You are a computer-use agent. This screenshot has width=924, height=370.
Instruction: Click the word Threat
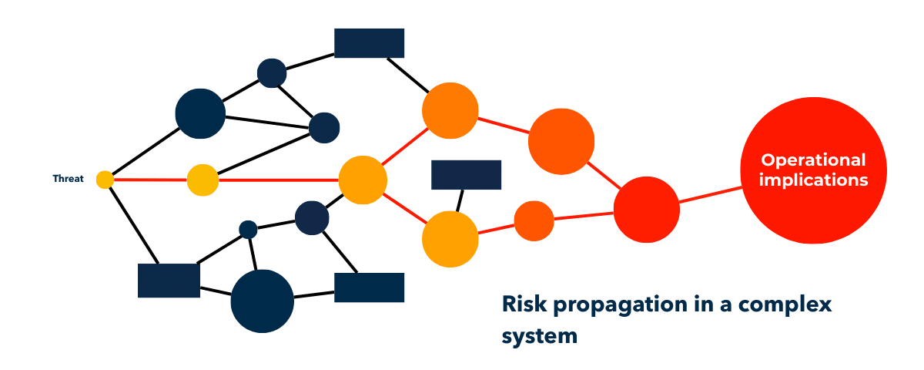coord(68,179)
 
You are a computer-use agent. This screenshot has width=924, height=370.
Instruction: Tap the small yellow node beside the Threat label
coord(105,180)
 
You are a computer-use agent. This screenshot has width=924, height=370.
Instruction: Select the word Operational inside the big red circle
coord(813,160)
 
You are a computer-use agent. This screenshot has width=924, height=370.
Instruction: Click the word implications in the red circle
coord(813,180)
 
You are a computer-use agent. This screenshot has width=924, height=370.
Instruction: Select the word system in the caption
coord(539,337)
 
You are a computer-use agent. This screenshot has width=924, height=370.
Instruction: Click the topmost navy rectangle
coord(369,43)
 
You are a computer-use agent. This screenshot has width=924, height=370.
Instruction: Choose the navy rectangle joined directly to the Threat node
coord(169,280)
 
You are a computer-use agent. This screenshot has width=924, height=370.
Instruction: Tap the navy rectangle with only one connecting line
coord(466,175)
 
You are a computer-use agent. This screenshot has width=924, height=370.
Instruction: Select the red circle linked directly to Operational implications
coord(647,210)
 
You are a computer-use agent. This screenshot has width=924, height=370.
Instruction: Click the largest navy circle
coord(262,301)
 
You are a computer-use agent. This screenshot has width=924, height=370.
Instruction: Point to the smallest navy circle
coord(248,229)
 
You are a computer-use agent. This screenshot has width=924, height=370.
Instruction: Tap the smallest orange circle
coord(534,220)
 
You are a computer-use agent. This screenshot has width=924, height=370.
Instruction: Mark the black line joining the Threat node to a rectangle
coord(132,224)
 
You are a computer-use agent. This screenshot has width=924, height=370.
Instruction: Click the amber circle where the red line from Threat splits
coord(362,180)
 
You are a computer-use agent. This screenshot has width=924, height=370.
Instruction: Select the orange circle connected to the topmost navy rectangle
coord(450,110)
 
